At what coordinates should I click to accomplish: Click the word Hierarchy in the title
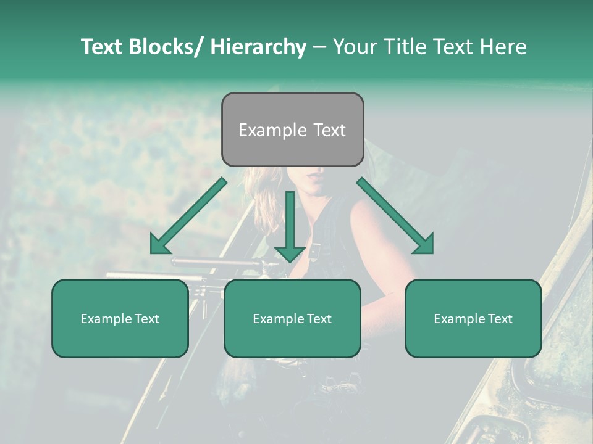pyautogui.click(x=258, y=47)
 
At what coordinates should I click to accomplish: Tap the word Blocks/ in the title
pyautogui.click(x=172, y=47)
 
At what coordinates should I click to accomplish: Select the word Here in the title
pyautogui.click(x=503, y=47)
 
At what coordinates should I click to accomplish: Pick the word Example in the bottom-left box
pyautogui.click(x=106, y=319)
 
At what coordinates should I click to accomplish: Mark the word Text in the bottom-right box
pyautogui.click(x=499, y=319)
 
